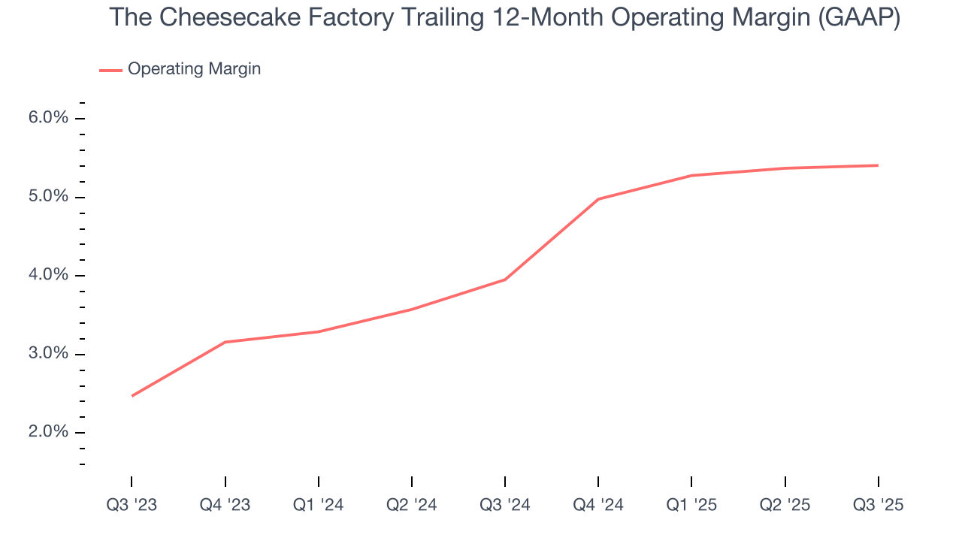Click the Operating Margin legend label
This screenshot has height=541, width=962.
pyautogui.click(x=194, y=69)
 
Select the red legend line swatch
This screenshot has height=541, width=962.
pyautogui.click(x=110, y=70)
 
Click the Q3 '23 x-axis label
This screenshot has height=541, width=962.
pyautogui.click(x=132, y=505)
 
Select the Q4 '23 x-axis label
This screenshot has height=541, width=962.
pyautogui.click(x=225, y=505)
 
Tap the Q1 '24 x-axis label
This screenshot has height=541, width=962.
pyautogui.click(x=319, y=505)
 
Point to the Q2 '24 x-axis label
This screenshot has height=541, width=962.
pyautogui.click(x=412, y=505)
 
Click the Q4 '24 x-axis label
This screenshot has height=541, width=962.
pyautogui.click(x=598, y=505)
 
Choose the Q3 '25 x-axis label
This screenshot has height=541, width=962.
pyautogui.click(x=878, y=505)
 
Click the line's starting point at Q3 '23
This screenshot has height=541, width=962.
pyautogui.click(x=132, y=396)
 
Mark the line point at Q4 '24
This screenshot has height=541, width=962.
pyautogui.click(x=598, y=199)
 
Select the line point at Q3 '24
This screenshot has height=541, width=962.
pyautogui.click(x=505, y=280)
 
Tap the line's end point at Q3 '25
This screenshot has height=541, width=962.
pyautogui.click(x=878, y=165)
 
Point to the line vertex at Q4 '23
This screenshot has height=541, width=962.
pyautogui.click(x=225, y=342)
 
